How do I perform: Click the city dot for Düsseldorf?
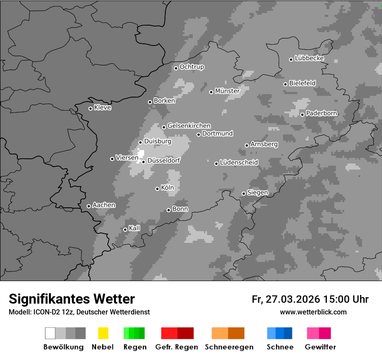pyautogui.click(x=143, y=162)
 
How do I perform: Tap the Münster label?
pyautogui.click(x=227, y=91)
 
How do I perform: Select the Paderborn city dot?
pyautogui.click(x=302, y=115)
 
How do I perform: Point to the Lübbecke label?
pyautogui.click(x=309, y=58)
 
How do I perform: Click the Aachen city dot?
pyautogui.click(x=89, y=206)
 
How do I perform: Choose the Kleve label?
pyautogui.click(x=102, y=108)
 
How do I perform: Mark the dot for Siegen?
pyautogui.click(x=244, y=193)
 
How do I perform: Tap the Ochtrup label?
pyautogui.click(x=191, y=67)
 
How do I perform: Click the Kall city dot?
pyautogui.click(x=125, y=229)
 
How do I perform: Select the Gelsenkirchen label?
pyautogui.click(x=189, y=126)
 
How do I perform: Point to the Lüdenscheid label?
pyautogui.click(x=239, y=162)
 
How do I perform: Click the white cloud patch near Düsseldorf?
pyautogui.click(x=141, y=153)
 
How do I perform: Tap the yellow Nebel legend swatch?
pyautogui.click(x=103, y=333)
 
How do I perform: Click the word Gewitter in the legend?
pyautogui.click(x=320, y=347)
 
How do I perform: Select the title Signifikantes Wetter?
pyautogui.click(x=72, y=299)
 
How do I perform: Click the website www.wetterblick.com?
pyautogui.click(x=313, y=312)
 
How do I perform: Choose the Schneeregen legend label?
pyautogui.click(x=229, y=347)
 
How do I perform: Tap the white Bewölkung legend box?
pyautogui.click(x=50, y=333)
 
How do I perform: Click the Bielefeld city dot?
pyautogui.click(x=285, y=84)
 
